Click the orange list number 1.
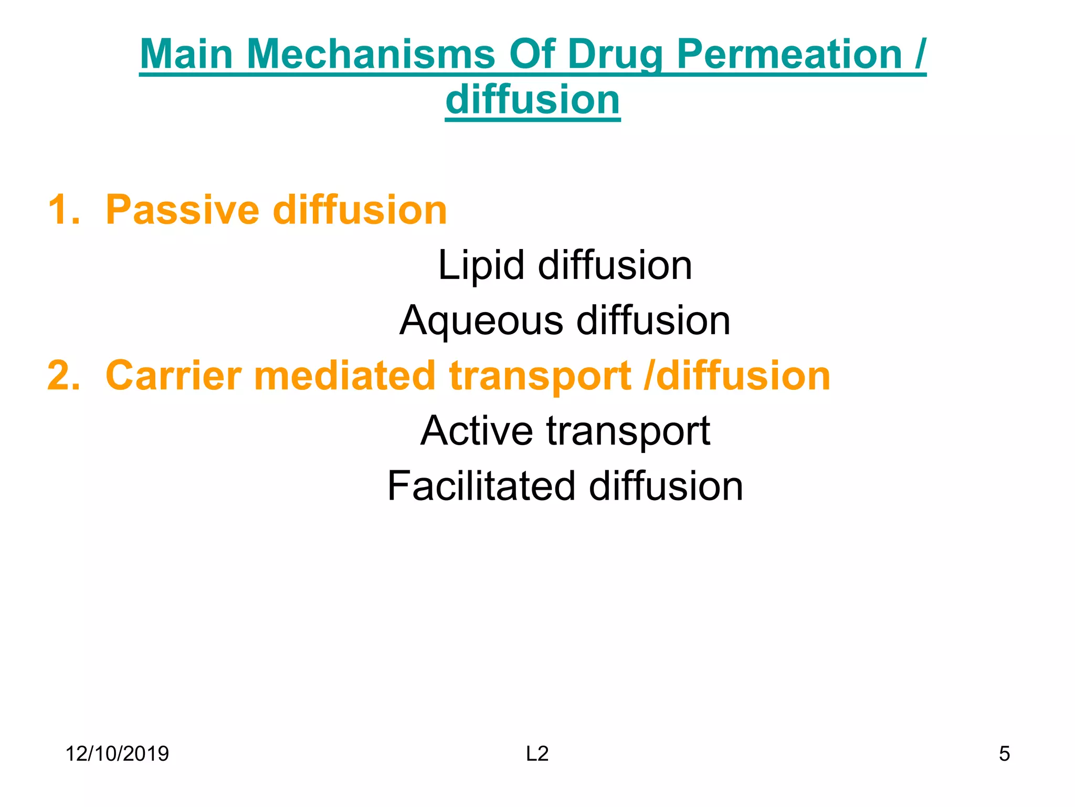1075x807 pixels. click(x=63, y=210)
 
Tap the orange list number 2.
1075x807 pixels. click(x=64, y=376)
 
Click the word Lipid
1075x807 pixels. click(x=481, y=265)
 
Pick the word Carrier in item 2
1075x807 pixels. click(x=173, y=376)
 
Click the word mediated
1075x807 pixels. click(x=344, y=376)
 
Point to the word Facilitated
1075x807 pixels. click(x=481, y=486)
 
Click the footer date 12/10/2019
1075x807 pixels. click(x=117, y=754)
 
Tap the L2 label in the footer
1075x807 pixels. click(x=537, y=754)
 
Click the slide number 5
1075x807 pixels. click(x=1004, y=754)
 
